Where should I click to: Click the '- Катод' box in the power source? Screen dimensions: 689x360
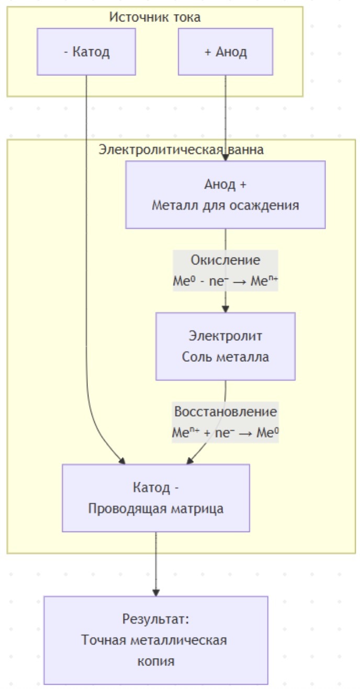pos(86,52)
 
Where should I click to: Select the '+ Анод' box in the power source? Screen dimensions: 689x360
pos(226,52)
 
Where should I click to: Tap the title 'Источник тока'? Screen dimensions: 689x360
pos(155,17)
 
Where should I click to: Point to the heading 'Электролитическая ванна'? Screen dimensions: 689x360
pos(181,150)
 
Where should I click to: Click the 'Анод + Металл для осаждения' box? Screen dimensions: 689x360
pos(226,195)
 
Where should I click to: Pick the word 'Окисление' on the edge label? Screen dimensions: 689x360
pos(226,261)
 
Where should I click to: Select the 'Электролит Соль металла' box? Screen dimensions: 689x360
pos(226,346)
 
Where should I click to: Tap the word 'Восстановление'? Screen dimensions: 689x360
pos(226,412)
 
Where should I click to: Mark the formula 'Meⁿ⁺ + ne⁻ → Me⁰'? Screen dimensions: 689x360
pos(226,434)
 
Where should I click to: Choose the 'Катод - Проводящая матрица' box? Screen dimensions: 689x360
pos(156,498)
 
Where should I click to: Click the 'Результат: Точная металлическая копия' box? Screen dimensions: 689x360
pos(155,640)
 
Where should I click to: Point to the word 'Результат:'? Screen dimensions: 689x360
pos(155,619)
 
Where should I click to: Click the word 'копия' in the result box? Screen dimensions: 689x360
pos(155,661)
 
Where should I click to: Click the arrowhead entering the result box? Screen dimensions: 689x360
pos(155,592)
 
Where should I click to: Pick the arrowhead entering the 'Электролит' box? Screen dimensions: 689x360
pos(226,309)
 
